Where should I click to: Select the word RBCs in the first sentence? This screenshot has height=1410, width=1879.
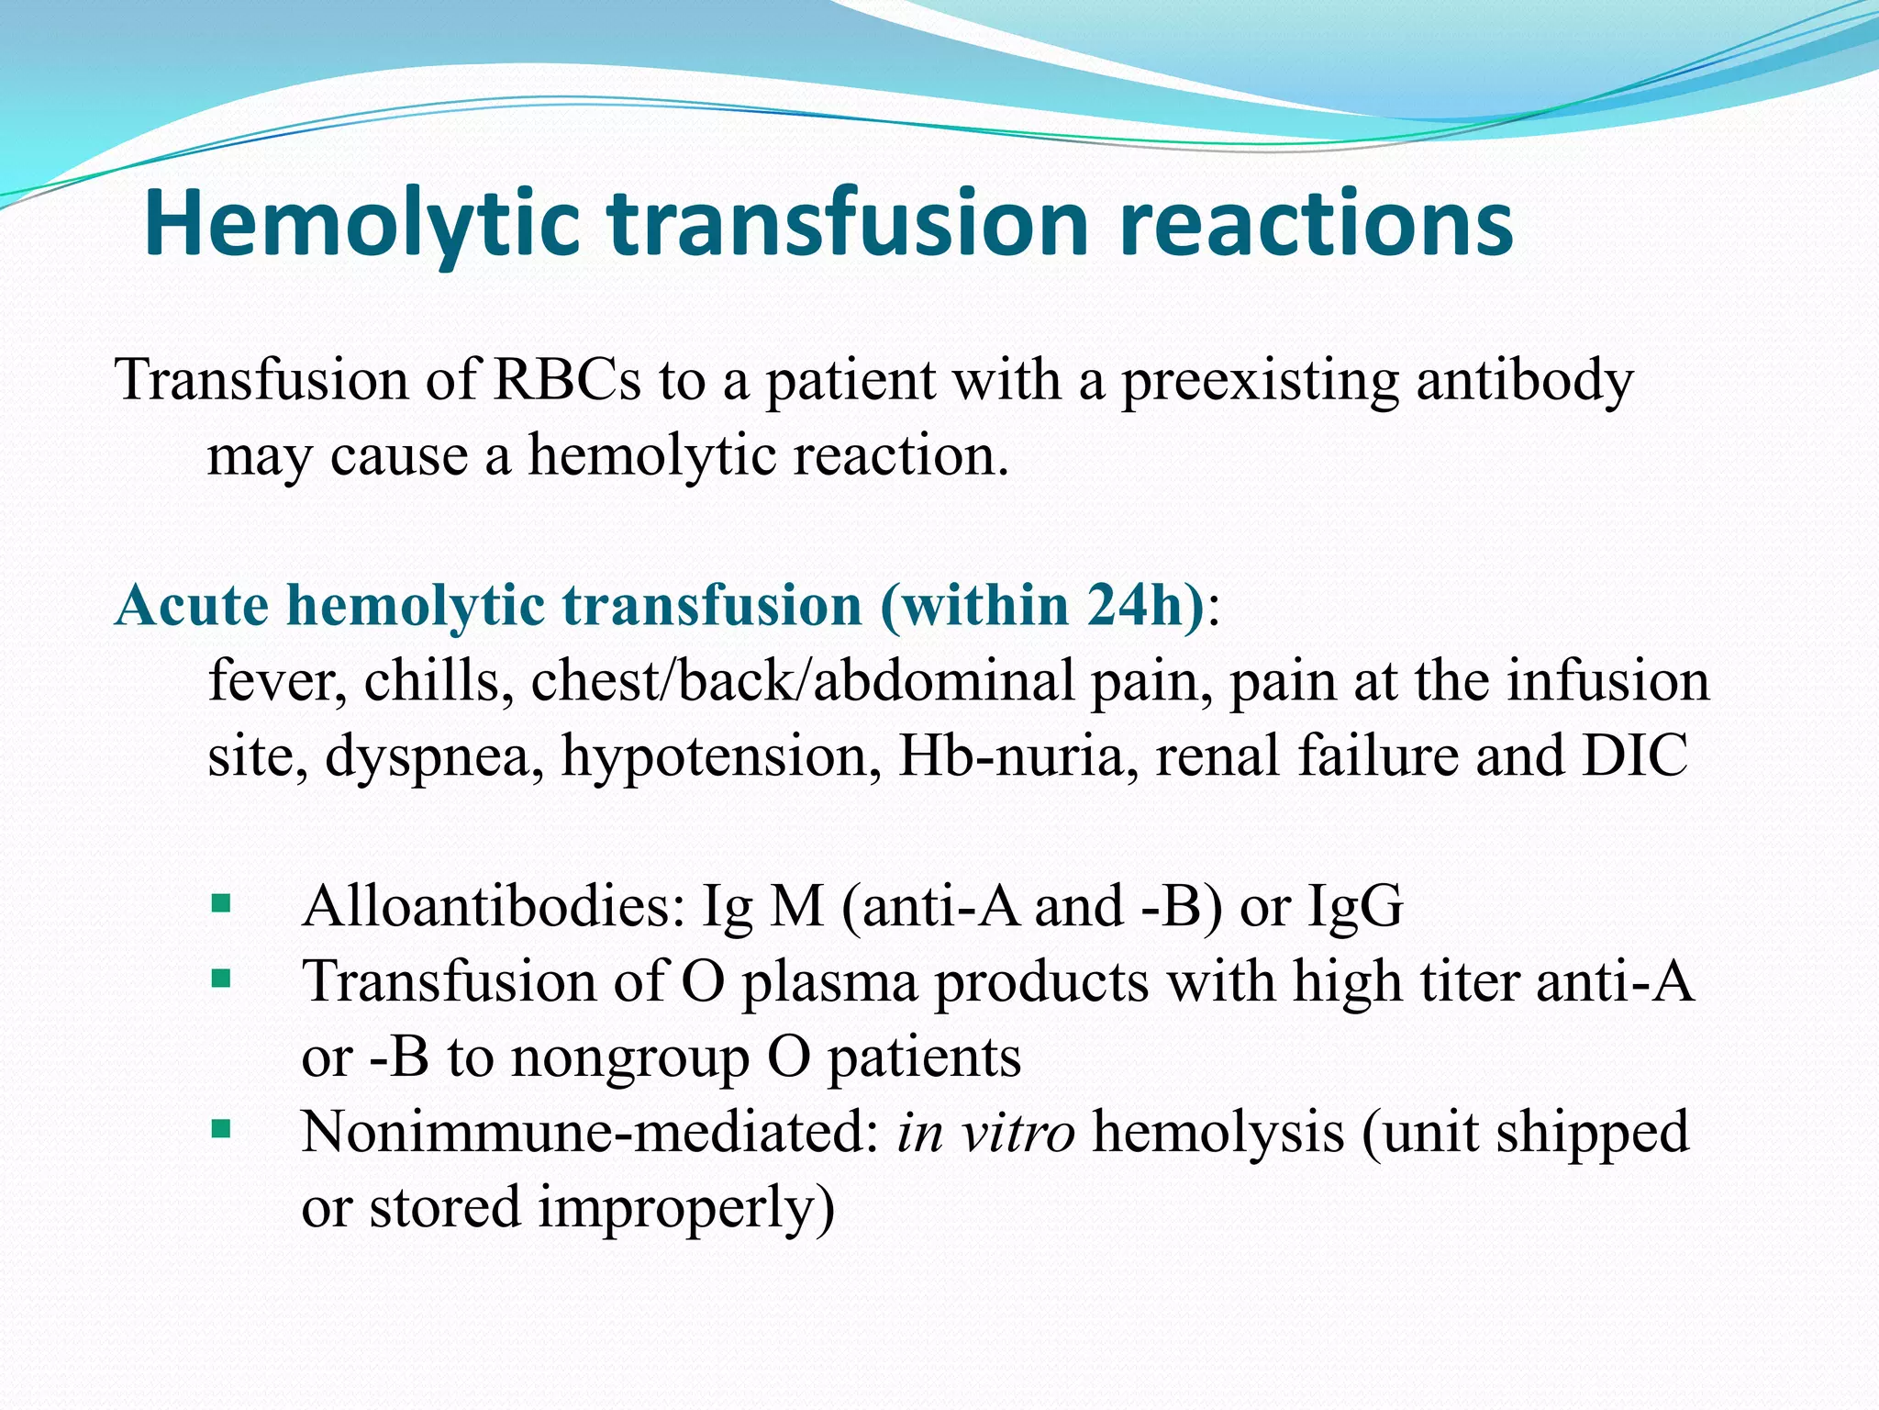pyautogui.click(x=566, y=379)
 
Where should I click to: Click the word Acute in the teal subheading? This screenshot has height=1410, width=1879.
pyautogui.click(x=192, y=607)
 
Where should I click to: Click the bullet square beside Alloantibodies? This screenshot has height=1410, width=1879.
pyautogui.click(x=220, y=904)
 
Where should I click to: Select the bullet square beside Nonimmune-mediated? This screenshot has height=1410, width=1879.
pyautogui.click(x=220, y=1128)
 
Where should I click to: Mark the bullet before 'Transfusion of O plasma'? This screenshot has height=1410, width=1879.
pyautogui.click(x=220, y=979)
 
